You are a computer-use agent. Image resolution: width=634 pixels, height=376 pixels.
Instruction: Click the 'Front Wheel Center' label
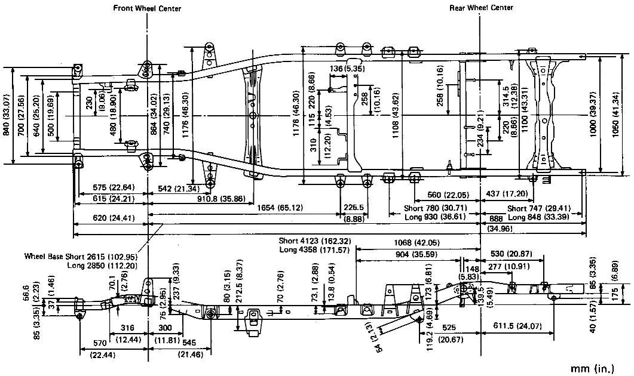point(147,8)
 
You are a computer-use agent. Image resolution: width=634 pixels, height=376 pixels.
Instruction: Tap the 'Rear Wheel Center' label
point(481,8)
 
